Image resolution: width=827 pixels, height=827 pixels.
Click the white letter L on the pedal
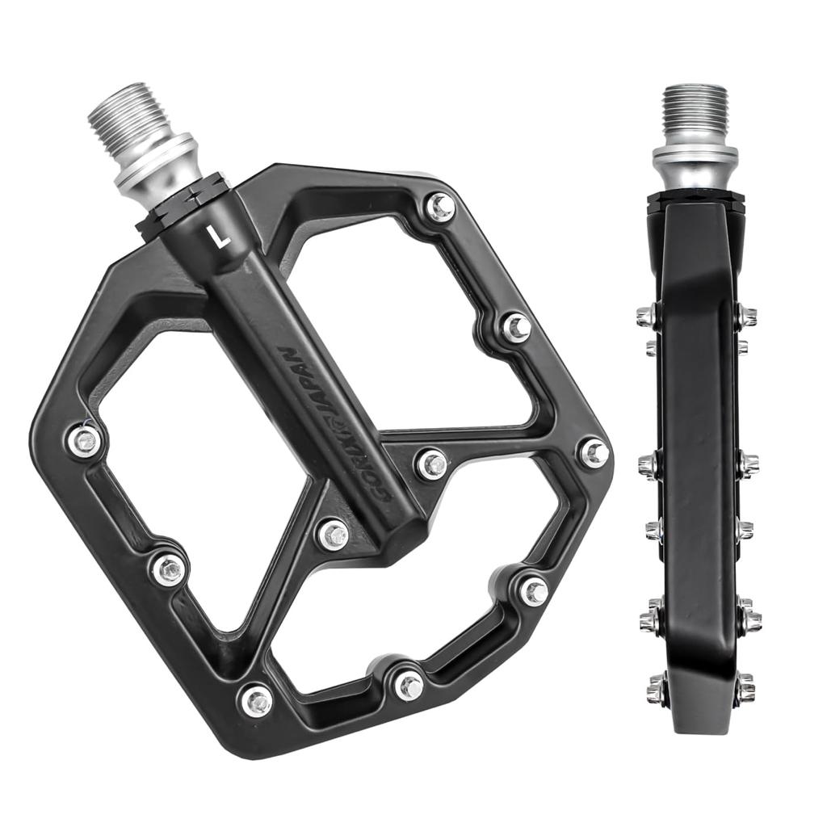[218, 236]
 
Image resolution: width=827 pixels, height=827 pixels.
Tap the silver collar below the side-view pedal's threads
[695, 166]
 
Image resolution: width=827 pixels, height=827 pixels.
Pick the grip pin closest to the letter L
[440, 208]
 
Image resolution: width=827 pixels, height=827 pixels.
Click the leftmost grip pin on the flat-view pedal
[83, 440]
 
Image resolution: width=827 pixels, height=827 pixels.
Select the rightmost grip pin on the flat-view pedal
[594, 452]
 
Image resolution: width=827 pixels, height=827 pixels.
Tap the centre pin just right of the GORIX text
[433, 464]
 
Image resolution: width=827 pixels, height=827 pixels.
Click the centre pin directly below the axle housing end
[333, 534]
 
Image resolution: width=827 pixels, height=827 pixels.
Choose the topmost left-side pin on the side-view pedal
[646, 316]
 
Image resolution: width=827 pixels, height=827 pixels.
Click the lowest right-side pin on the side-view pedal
[745, 688]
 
